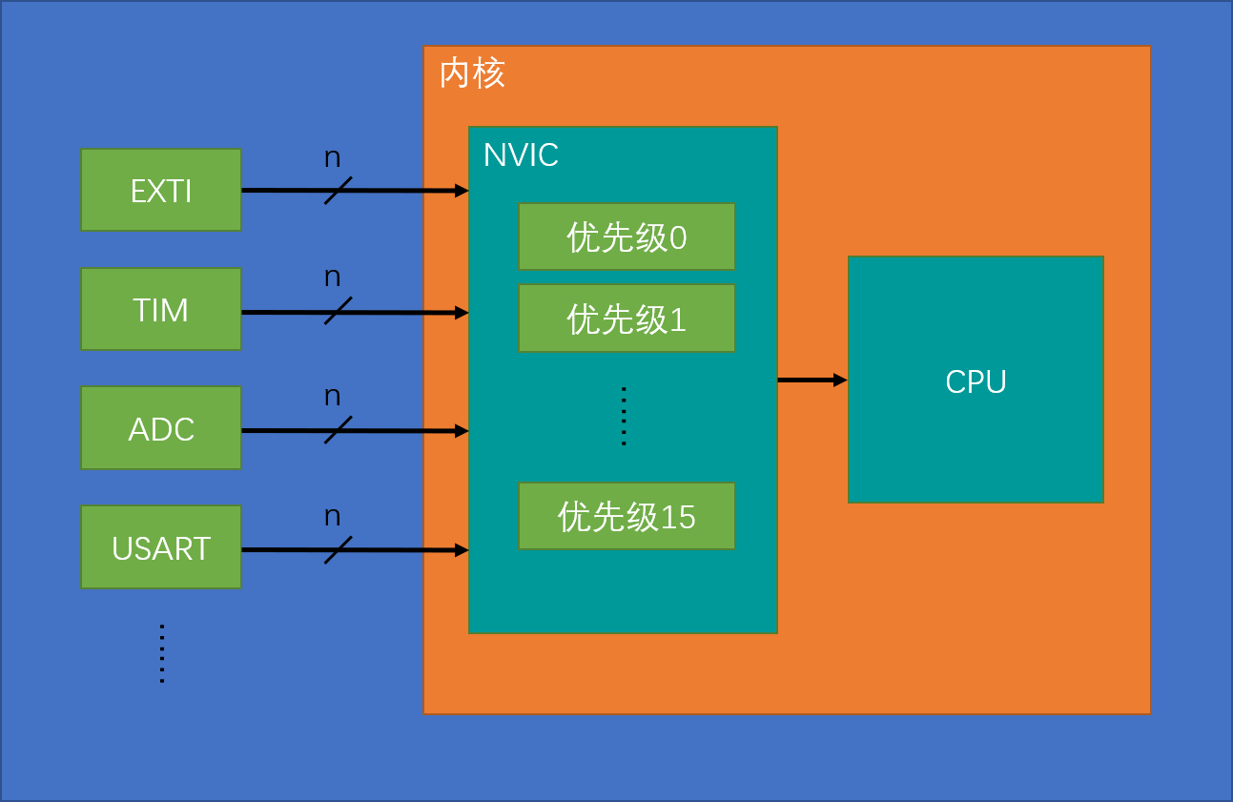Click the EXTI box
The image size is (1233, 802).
coord(161,190)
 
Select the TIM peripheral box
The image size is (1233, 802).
coord(161,309)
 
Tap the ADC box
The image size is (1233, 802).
coord(161,428)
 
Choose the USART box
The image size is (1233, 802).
coord(161,547)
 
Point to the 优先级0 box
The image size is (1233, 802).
coord(627,236)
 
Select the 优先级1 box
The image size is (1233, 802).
coord(627,319)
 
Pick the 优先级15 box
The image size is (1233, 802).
coord(627,516)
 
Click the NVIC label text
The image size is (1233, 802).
coord(521,155)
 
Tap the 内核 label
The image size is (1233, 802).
coord(472,73)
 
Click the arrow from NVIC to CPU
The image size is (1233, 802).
coord(812,380)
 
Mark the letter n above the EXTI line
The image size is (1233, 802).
coord(332,158)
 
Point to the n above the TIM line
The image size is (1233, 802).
coord(332,278)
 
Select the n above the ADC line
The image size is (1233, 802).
coord(332,397)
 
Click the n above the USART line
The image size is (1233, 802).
coord(332,517)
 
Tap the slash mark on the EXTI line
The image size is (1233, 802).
coord(338,191)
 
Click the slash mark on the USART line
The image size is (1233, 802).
coord(338,549)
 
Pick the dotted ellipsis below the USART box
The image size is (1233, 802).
coord(162,653)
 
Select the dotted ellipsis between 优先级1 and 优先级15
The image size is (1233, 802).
coord(624,416)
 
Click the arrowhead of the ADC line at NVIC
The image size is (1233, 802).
coord(462,431)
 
